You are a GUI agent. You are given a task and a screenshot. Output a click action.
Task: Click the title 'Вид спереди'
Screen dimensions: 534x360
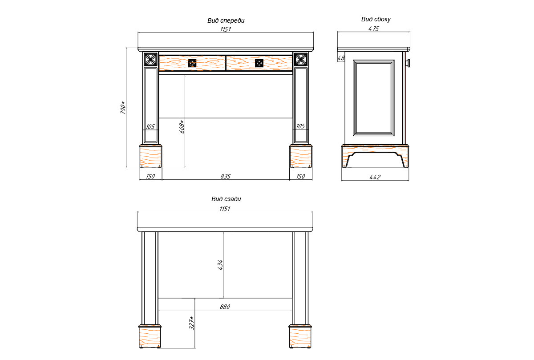[226, 21]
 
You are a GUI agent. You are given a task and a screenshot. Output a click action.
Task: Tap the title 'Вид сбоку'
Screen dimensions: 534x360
[376, 19]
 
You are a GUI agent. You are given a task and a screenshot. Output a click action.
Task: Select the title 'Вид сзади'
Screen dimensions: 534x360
[226, 199]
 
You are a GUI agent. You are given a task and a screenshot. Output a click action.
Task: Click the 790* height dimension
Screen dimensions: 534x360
[122, 108]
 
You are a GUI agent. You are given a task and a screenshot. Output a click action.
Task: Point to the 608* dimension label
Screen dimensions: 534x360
[182, 126]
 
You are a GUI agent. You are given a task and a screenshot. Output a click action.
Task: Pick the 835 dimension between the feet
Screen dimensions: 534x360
[226, 176]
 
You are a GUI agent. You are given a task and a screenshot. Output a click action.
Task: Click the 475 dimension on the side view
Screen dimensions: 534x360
[373, 28]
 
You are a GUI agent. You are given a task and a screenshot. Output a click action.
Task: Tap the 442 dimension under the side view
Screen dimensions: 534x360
[375, 177]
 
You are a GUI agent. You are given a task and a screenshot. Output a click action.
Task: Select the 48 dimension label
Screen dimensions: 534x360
[341, 58]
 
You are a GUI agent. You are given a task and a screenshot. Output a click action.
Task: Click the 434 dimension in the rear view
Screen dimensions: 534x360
[220, 265]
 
